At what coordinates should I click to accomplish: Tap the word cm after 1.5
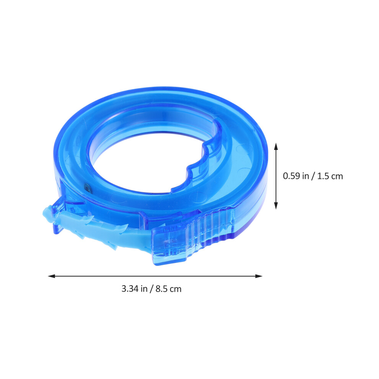[x=337, y=177]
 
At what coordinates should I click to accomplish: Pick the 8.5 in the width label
[x=161, y=289]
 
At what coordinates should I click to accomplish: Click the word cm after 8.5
[x=175, y=289]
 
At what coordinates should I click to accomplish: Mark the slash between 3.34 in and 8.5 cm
[x=152, y=289]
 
